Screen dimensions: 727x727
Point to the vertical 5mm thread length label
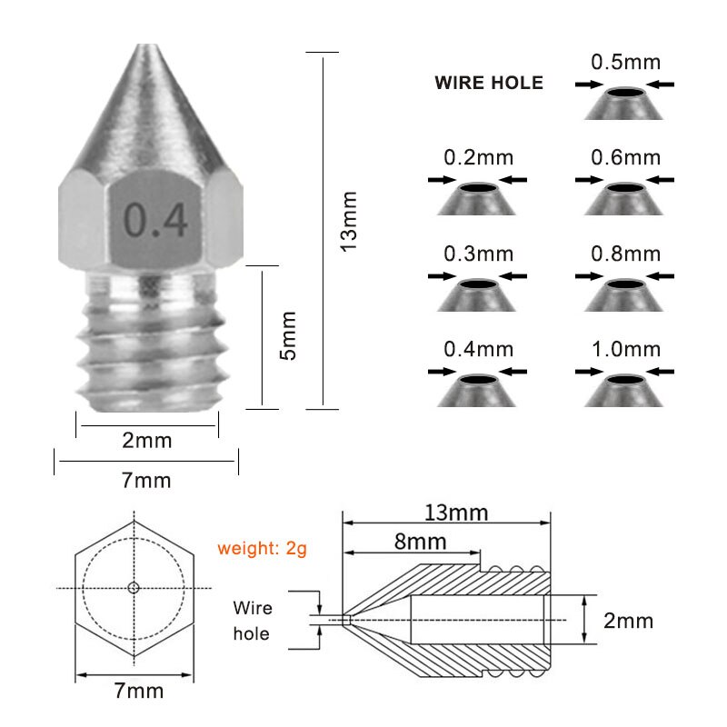tap(288, 335)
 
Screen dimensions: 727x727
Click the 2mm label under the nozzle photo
tap(147, 441)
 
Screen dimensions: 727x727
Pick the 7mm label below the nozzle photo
tap(146, 480)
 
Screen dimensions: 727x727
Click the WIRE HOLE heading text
tap(489, 84)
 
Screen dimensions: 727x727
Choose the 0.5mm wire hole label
tap(625, 63)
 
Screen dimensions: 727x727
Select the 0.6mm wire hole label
tap(625, 157)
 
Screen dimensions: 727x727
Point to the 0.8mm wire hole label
tap(625, 254)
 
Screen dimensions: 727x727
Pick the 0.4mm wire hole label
tap(478, 349)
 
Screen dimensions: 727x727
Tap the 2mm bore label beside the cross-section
tap(629, 621)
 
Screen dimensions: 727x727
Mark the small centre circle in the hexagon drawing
tap(134, 588)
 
